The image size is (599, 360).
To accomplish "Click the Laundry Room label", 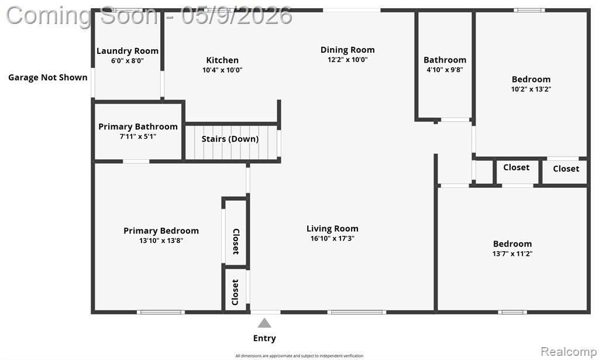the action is pos(127,51).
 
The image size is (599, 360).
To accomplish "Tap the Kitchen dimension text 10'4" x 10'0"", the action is pos(222,70).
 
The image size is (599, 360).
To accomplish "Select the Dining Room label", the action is pos(347,50).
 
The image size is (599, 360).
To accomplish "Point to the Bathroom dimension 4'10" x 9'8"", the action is pos(445,70).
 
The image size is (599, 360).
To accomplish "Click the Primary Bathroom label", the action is pos(138,126).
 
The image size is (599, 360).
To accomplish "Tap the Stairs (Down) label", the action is pos(230,139).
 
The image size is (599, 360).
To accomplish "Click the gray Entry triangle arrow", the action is pos(264,323).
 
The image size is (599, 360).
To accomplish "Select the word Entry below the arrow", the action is pos(264,338).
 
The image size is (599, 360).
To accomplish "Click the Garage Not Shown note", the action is pos(48,78).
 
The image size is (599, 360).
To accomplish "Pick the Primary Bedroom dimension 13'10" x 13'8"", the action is pos(161,241).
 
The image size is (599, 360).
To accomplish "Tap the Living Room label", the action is pos(332,228).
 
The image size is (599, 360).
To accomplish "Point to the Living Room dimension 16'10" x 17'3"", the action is pos(332,238).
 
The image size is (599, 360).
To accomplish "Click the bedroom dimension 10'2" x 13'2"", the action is pos(531,89).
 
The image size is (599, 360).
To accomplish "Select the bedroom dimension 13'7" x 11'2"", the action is pos(512,253).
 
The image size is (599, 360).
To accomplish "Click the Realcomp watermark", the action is pos(569,351).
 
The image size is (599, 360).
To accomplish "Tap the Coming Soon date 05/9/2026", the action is pos(236,16).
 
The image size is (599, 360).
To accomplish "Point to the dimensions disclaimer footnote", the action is pos(299,356).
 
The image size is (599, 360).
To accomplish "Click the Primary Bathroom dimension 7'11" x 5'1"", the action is pos(138,136).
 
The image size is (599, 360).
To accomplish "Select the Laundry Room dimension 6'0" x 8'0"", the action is pos(127,61).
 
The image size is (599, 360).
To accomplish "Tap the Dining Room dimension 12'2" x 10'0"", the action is pos(347,60).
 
